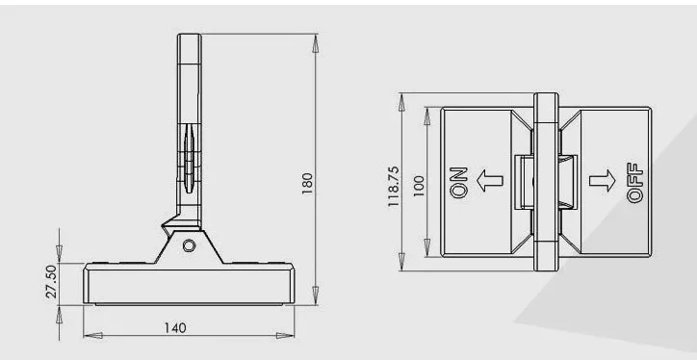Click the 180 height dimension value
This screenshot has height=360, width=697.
pos(307,183)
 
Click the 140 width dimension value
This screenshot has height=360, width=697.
pos(175,328)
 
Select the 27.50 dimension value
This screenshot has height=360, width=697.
pos(51,281)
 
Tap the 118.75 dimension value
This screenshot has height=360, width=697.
pos(394,187)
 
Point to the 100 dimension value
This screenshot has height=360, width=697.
pos(419,186)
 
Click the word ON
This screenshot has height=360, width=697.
pos(459,182)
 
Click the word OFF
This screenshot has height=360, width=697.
pos(634,183)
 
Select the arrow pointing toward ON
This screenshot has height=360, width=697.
pos(489,181)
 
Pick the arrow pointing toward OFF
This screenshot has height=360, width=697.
pos(603,181)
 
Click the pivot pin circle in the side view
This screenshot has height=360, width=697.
pos(189,245)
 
